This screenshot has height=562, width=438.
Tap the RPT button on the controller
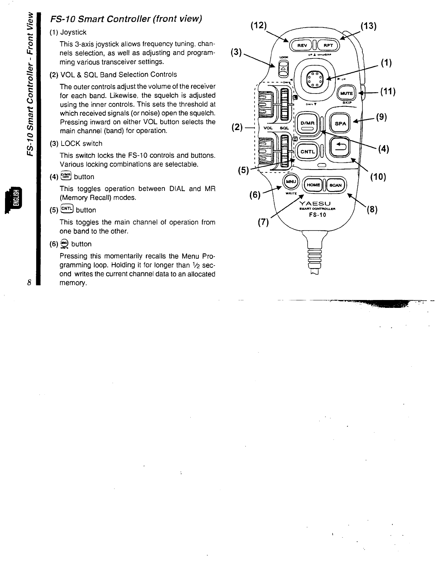click(328, 45)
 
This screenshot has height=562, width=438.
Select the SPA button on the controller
click(340, 123)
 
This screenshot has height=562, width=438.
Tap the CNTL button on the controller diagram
click(307, 152)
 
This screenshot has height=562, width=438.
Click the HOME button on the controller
click(313, 185)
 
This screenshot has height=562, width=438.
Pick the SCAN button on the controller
click(335, 185)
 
